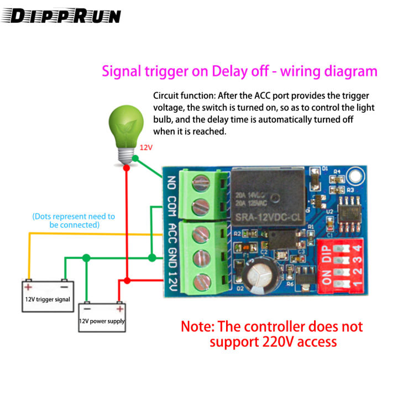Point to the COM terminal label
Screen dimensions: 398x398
pyautogui.click(x=171, y=207)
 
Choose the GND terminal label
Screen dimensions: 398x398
pyautogui.click(x=171, y=257)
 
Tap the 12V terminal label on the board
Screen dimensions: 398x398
pyautogui.click(x=171, y=281)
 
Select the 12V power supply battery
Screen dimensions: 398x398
pyautogui.click(x=102, y=317)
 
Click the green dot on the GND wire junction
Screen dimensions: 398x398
pyautogui.click(x=152, y=258)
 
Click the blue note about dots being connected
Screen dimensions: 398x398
pyautogui.click(x=74, y=221)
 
